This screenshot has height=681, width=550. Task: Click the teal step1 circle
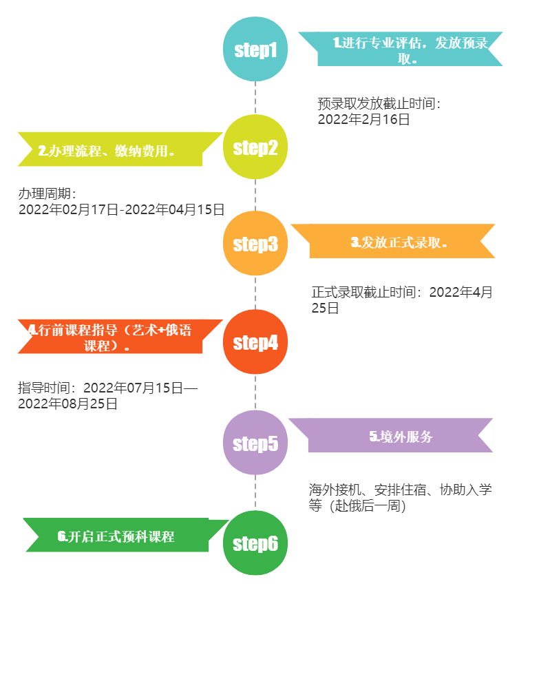pos(255,50)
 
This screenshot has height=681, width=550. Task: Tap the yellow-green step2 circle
pos(255,147)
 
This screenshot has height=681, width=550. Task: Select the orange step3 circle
pos(255,244)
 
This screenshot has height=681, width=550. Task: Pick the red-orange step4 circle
pos(255,342)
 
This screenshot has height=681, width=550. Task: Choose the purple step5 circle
pos(255,443)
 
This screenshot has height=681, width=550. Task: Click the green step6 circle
pos(255,543)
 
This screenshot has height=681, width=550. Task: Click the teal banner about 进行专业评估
pos(410,50)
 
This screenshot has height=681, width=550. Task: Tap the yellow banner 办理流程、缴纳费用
pos(110,150)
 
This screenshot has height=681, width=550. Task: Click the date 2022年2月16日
pos(363,119)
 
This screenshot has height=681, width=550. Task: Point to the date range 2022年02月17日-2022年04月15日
pos(121,209)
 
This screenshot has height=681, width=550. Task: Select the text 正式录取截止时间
pos(366,292)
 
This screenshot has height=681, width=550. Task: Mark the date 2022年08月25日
pos(67,404)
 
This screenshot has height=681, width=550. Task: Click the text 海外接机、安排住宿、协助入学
pos(400,490)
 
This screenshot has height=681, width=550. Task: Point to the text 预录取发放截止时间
pos(378,103)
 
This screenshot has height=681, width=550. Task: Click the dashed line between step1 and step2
pos(255,98)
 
